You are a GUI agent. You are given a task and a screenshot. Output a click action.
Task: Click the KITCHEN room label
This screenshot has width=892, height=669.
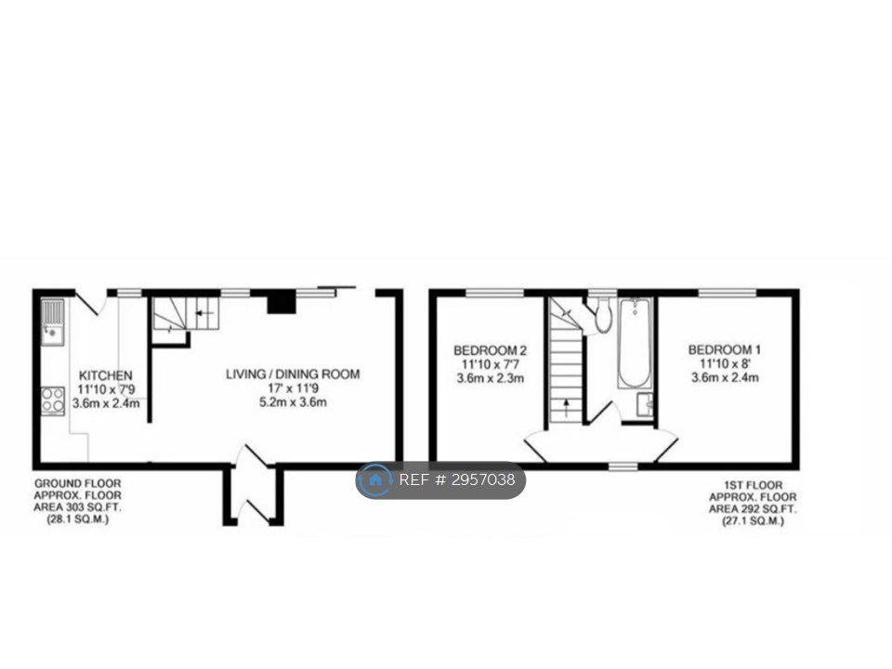[105, 375]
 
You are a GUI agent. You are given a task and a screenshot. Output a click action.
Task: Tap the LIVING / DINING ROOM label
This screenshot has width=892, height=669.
[293, 374]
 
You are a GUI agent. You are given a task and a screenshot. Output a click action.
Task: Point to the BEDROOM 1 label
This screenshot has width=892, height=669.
[725, 350]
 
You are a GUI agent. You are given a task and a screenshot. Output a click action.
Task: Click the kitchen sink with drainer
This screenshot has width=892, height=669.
[53, 322]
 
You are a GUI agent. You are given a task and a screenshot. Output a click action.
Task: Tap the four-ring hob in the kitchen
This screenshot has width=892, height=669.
[53, 401]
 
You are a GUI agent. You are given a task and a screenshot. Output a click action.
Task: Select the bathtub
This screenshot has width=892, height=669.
[635, 343]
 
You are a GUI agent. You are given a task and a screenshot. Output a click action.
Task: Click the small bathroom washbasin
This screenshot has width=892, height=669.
[645, 405]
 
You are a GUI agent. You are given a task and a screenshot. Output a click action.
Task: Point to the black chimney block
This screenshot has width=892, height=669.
[282, 301]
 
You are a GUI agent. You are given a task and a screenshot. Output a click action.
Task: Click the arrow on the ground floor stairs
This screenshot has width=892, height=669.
[203, 313]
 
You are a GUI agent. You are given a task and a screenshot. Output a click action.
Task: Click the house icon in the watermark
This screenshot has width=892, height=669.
[375, 480]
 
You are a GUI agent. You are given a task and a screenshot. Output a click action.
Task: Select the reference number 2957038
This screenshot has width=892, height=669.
[483, 480]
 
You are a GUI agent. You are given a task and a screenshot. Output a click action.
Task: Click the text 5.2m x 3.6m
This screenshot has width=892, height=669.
[293, 402]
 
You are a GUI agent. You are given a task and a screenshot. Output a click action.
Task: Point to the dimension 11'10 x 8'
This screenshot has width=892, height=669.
[725, 363]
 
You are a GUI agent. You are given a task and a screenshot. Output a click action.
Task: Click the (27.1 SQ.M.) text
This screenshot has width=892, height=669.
[753, 521]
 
